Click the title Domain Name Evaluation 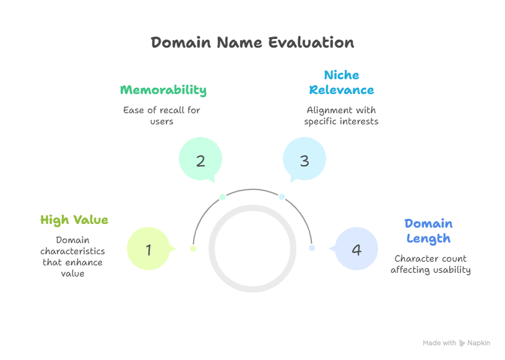[x=252, y=43]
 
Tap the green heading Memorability [x=163, y=90]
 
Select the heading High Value [x=74, y=220]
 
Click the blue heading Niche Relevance [x=342, y=82]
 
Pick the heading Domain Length [x=428, y=231]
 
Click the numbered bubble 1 [x=149, y=250]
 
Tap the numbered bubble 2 [x=201, y=161]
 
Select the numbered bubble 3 [x=304, y=161]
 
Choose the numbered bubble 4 [x=356, y=250]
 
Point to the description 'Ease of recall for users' [x=162, y=116]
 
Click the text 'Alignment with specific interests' [x=341, y=116]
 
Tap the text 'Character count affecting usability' [x=431, y=264]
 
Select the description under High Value [x=72, y=256]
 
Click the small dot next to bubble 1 [x=193, y=249]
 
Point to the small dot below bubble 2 [x=223, y=197]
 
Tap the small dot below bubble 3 [x=282, y=197]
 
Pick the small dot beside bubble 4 [x=312, y=248]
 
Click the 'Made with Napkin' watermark [x=456, y=343]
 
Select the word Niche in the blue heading [x=342, y=75]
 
